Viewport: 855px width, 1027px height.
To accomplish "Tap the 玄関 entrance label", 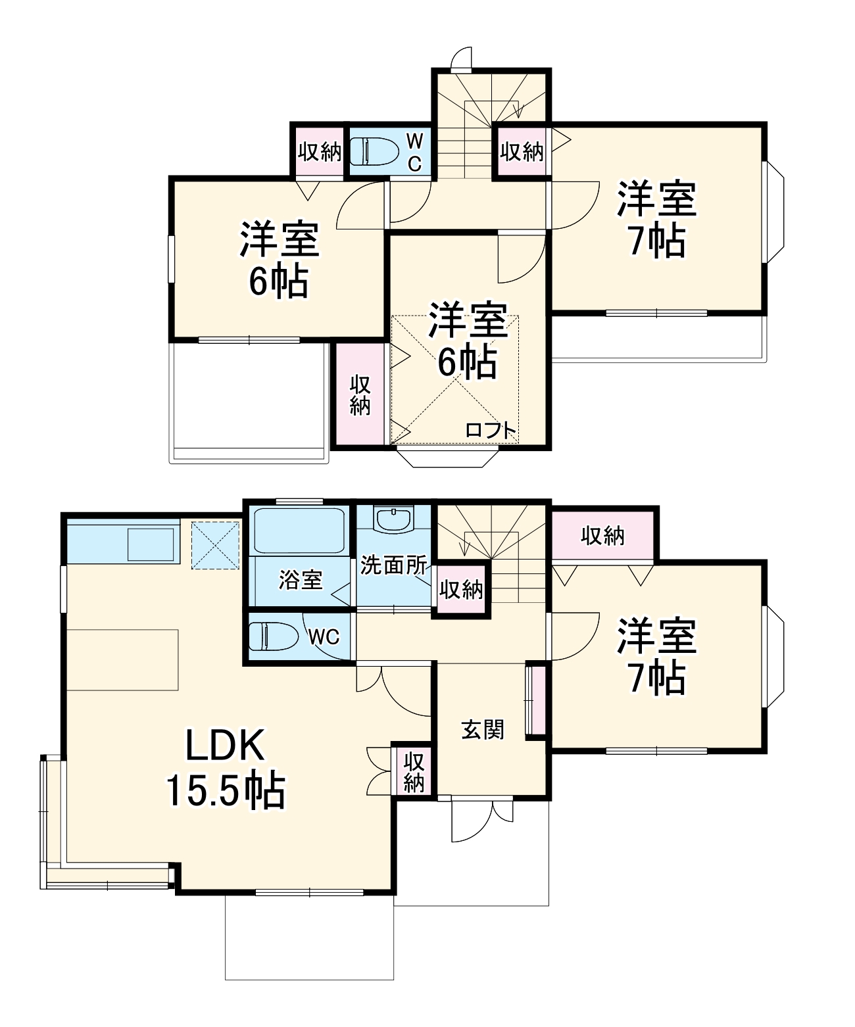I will coord(482,729).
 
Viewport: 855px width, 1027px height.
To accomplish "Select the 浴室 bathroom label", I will coord(301,579).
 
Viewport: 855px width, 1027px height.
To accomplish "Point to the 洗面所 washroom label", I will coord(393,565).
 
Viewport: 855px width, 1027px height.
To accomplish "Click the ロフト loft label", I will coord(491,431).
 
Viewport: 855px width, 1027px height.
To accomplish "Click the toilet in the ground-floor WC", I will coord(270,636).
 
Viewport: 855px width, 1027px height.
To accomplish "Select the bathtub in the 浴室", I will coord(300,530).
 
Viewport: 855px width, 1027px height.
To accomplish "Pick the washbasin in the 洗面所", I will coord(393,519).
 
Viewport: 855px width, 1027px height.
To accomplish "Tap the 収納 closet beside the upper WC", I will coord(319,151).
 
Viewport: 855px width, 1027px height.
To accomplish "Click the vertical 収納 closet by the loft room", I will coord(360,394).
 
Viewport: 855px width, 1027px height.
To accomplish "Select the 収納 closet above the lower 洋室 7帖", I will coord(602,536).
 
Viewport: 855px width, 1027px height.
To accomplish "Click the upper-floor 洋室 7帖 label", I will coord(656,220).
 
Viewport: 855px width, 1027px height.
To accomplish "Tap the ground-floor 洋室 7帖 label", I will coord(656,657).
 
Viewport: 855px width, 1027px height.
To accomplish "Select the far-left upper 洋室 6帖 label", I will coord(279,260).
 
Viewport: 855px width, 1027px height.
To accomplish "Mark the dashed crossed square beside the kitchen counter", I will coord(215,544).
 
